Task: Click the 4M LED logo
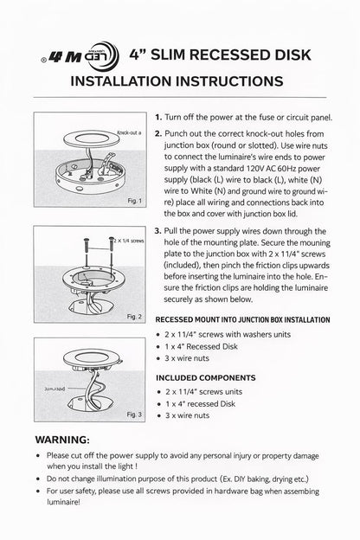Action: [80, 56]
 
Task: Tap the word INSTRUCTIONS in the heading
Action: [230, 81]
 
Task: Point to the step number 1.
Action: [158, 118]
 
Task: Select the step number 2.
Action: [158, 133]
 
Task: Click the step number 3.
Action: [157, 231]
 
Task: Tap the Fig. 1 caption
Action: [134, 201]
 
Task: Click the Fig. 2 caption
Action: [134, 317]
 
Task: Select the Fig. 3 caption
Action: [134, 415]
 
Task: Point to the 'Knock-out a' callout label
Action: [129, 132]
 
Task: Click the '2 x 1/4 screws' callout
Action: [129, 241]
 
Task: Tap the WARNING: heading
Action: [62, 440]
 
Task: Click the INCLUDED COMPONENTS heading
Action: [206, 378]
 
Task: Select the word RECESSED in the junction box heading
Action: [174, 320]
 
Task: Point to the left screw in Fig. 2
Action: [86, 250]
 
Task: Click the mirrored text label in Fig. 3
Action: [55, 389]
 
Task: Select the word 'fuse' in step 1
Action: [267, 118]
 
